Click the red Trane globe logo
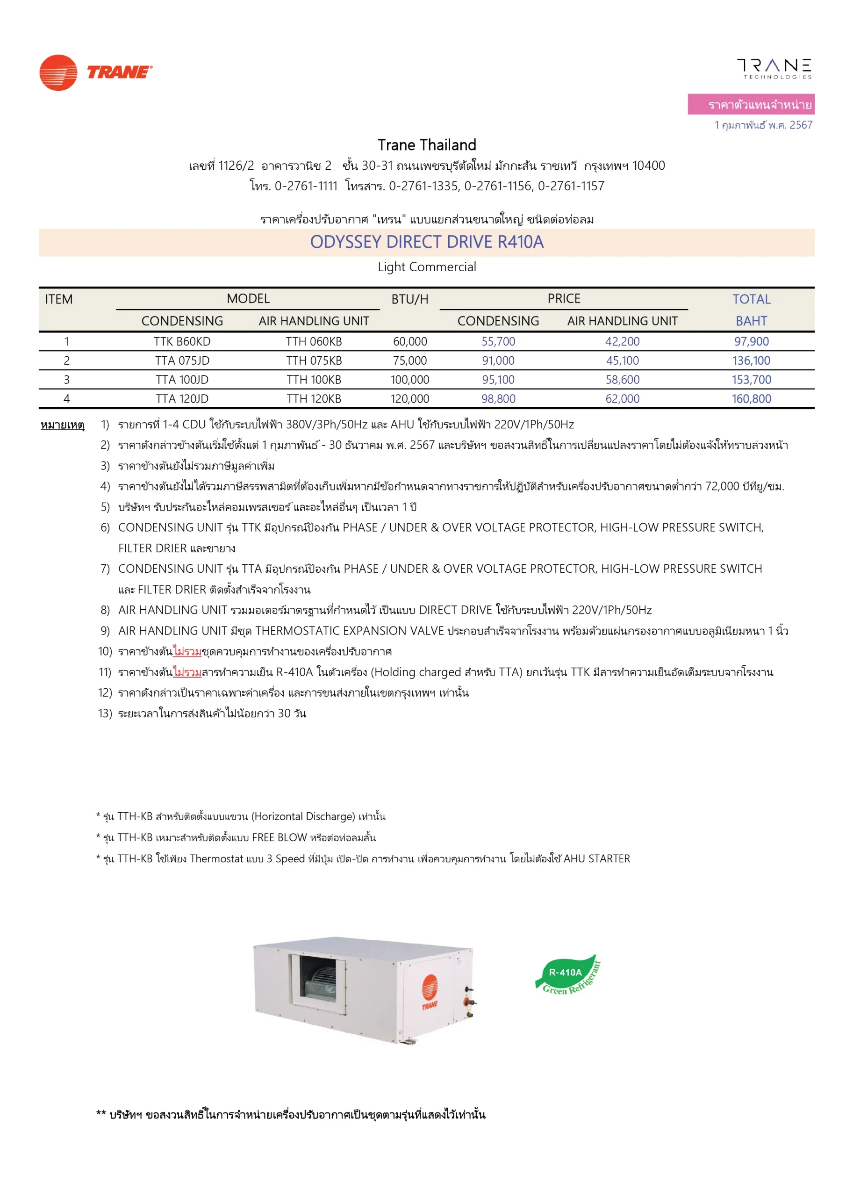[58, 72]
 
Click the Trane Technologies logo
[774, 68]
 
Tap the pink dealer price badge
[751, 104]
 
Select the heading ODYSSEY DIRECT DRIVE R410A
[426, 242]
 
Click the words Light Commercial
[426, 267]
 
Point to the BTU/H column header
[410, 299]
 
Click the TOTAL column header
[751, 299]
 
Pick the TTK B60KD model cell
[182, 341]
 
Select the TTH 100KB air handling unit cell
[314, 380]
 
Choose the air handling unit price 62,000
[623, 399]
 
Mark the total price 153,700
[751, 380]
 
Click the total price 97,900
[751, 341]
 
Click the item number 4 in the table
[67, 399]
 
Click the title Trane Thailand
[426, 145]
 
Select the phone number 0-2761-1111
[306, 186]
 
